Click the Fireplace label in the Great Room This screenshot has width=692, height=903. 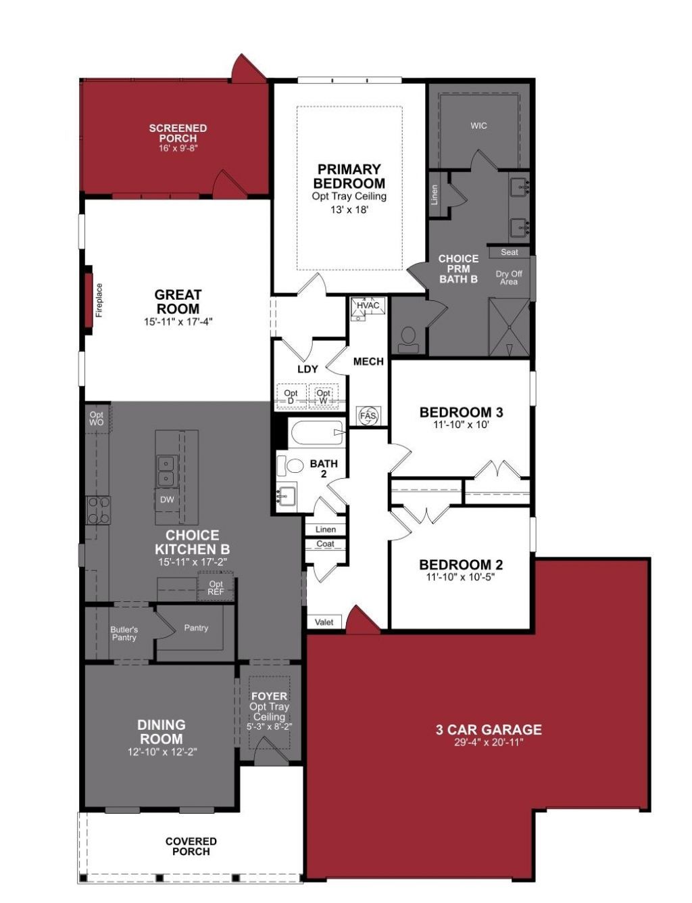pos(99,300)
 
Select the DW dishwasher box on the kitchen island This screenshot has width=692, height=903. pos(167,500)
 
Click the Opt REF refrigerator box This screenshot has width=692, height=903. pos(216,588)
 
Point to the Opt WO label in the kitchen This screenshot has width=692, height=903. pos(97,419)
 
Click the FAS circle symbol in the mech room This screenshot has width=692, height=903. pos(368,415)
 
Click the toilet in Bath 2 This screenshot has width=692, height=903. pos(292,466)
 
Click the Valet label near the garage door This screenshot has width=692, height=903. pos(324,622)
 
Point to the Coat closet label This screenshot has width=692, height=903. pos(325,544)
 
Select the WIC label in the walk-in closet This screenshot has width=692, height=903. pos(478,126)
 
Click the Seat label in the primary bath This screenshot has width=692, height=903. pos(510,252)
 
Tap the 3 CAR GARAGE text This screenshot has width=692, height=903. pos(489,730)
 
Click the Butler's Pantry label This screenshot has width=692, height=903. pos(124,634)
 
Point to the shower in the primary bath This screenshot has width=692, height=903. pos(509,327)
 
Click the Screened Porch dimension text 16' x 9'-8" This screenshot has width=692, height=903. pos(178,148)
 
